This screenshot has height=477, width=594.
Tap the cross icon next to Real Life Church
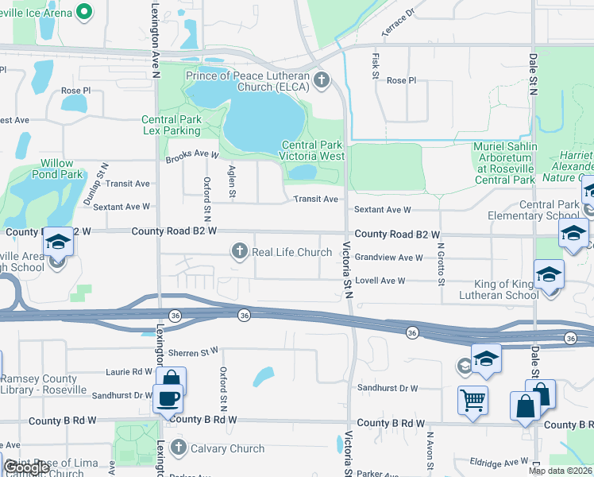(x=239, y=252)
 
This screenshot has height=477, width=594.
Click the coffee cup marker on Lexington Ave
(x=168, y=398)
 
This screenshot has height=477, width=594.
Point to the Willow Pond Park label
(x=61, y=169)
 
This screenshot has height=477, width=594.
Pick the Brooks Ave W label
(x=191, y=156)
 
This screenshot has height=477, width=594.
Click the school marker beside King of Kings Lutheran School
(x=549, y=275)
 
